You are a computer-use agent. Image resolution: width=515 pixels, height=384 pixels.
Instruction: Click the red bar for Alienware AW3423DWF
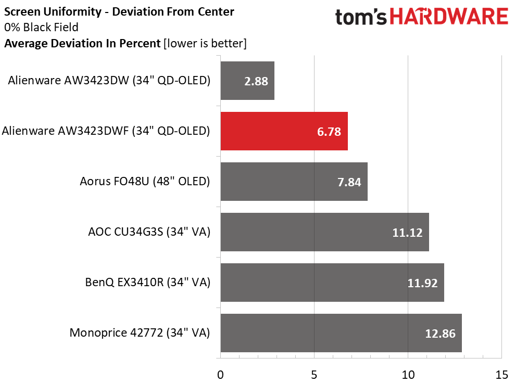click(284, 131)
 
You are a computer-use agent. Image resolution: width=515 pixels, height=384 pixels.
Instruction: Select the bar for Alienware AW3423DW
click(247, 81)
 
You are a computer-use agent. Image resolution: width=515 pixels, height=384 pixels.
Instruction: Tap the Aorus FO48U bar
click(294, 182)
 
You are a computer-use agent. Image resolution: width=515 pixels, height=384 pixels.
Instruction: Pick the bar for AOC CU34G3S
click(324, 232)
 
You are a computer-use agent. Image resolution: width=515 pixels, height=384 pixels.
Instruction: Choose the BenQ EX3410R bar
click(332, 283)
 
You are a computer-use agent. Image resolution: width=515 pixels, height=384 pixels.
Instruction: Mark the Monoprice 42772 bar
click(341, 333)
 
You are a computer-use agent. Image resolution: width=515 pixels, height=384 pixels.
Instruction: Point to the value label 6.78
click(329, 132)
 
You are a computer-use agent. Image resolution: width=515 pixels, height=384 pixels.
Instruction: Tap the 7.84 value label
click(349, 182)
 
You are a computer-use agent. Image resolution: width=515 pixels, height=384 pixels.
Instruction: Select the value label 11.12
click(407, 233)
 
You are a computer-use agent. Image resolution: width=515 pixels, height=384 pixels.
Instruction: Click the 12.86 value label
click(441, 334)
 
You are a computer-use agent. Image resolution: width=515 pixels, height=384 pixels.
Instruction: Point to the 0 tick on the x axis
click(221, 374)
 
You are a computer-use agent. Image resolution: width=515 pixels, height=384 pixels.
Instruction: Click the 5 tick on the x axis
click(315, 374)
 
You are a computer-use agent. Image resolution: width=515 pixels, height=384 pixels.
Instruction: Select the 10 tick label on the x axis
click(408, 374)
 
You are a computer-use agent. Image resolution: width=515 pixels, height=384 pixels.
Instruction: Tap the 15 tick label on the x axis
click(501, 374)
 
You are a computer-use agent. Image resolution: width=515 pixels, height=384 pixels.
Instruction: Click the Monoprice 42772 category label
click(140, 333)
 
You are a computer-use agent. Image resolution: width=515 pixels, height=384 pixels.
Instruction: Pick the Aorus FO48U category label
click(145, 182)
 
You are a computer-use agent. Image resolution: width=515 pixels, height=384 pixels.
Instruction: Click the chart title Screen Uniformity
click(119, 11)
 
